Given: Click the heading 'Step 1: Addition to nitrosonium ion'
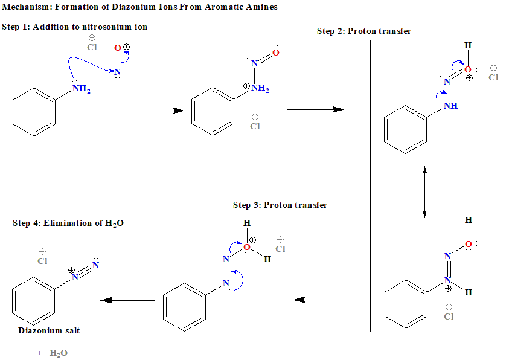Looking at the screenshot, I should tap(74, 27).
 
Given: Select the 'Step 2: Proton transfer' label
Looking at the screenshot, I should tap(363, 31).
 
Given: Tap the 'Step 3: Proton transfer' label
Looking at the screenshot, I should tap(280, 205).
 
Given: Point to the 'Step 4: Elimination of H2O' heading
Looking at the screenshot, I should tap(68, 223).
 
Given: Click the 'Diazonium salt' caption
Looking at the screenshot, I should tap(49, 331).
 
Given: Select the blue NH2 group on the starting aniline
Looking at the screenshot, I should tap(81, 89).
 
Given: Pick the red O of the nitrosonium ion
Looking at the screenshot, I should tap(117, 48).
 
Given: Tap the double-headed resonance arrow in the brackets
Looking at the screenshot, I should tap(425, 192).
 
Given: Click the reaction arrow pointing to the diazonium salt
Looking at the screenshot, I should tap(127, 300).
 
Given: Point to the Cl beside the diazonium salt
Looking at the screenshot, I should tap(42, 262).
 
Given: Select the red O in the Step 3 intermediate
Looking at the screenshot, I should tap(246, 247).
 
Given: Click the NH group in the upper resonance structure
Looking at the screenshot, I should tap(450, 106).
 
